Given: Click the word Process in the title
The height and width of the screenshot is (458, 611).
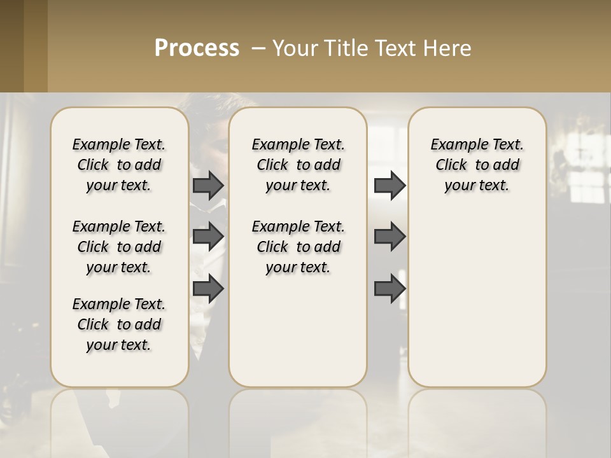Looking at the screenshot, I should [197, 48].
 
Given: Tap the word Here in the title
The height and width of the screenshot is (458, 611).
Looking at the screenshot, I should [448, 48].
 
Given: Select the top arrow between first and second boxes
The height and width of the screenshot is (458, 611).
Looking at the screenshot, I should [208, 185].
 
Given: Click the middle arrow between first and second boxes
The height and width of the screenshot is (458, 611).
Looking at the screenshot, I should [208, 237].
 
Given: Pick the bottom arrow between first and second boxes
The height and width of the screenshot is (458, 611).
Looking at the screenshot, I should [208, 288].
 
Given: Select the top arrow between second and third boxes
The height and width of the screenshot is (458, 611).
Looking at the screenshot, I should [390, 185].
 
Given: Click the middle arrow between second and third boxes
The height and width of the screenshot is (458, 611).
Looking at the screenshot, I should [390, 237].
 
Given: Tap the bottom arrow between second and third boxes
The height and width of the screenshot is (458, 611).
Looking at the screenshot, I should [390, 288].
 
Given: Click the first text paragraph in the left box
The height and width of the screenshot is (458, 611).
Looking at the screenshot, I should [119, 165].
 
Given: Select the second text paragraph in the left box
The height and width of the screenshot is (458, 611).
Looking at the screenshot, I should [119, 247].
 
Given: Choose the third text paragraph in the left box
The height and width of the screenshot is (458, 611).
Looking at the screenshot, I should [119, 324].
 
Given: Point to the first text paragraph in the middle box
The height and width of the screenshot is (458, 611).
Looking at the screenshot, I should [298, 165].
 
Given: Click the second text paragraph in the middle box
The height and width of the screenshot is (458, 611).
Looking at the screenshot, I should [298, 247].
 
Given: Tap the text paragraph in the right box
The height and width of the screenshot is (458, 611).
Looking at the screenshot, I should [477, 165].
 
